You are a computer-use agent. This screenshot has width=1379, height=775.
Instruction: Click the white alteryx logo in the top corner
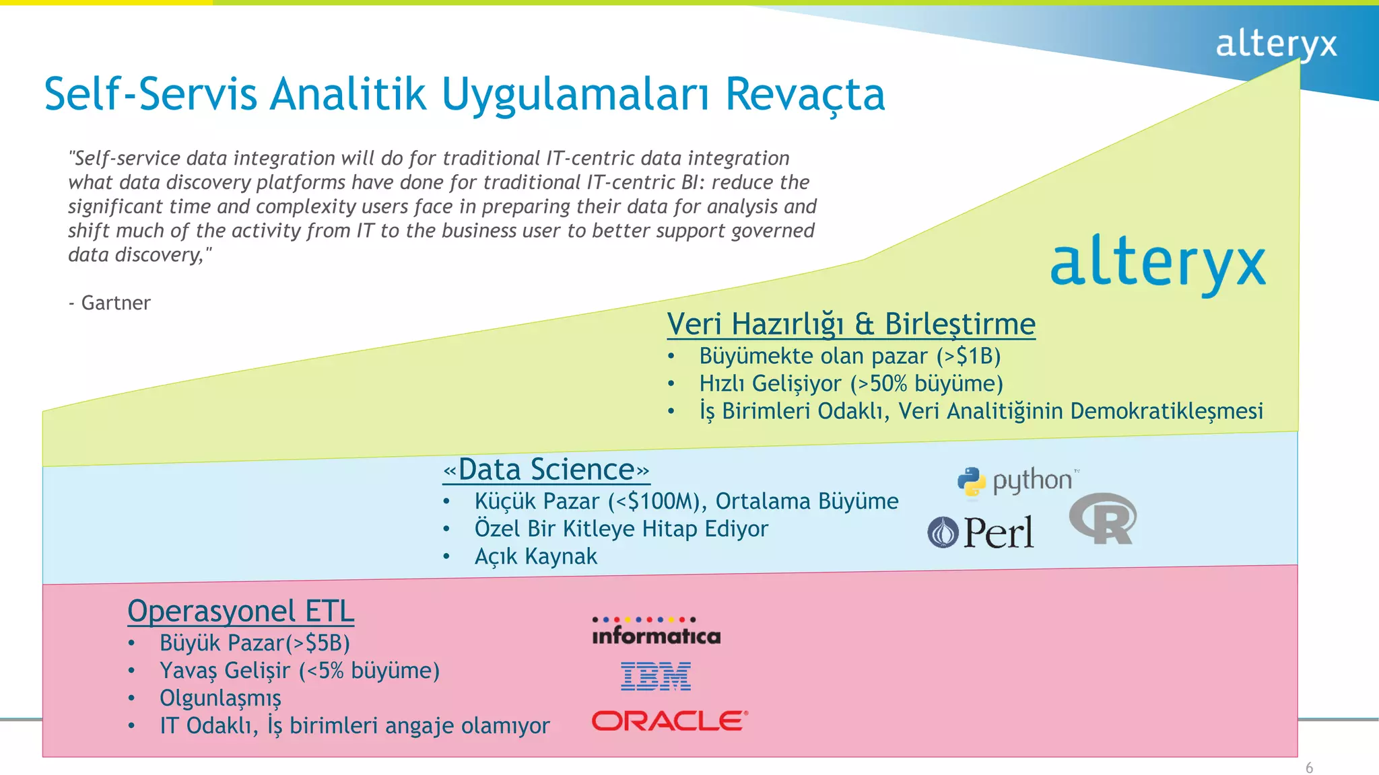tap(1275, 44)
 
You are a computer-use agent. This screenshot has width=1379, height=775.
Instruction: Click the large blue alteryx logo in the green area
tap(1157, 264)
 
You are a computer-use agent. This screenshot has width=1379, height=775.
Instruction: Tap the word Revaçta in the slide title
tap(805, 94)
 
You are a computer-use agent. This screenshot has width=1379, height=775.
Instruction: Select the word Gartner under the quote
tap(116, 303)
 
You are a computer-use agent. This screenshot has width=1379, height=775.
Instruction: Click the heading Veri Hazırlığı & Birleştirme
tap(850, 324)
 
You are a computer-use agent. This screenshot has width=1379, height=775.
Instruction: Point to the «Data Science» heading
tap(546, 470)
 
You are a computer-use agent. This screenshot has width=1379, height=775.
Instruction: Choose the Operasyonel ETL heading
tap(240, 611)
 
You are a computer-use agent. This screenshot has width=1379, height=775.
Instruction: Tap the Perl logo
tap(980, 532)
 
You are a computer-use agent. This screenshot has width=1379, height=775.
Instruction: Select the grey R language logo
tap(1103, 519)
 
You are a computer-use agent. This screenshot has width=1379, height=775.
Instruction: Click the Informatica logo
tap(656, 632)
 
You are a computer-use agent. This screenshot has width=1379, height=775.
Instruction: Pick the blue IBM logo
tap(655, 676)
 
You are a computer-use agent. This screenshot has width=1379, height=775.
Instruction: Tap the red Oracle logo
tap(669, 721)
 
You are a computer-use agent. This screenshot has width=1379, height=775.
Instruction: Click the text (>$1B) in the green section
tap(968, 356)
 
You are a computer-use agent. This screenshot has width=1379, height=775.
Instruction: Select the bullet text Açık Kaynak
tap(535, 556)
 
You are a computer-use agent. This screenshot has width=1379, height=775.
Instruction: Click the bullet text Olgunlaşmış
tap(220, 698)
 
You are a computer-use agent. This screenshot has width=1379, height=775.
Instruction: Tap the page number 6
tap(1309, 768)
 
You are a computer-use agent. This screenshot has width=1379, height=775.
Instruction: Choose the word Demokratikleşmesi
tap(1166, 411)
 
